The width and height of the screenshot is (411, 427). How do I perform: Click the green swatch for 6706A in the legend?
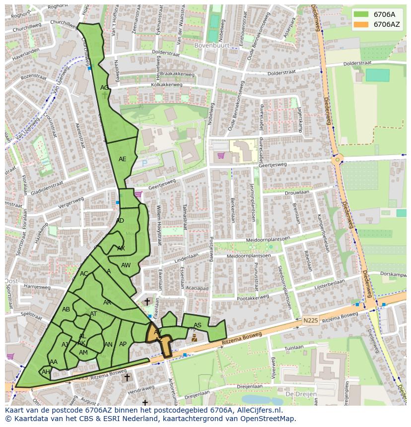(361, 14)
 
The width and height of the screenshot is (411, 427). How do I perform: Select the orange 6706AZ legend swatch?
(361, 24)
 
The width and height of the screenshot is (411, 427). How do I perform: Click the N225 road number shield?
(310, 321)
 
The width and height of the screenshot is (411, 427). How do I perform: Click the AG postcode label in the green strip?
(104, 88)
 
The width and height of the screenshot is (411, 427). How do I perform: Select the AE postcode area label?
(122, 159)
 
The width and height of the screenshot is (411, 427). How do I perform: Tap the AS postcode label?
(198, 325)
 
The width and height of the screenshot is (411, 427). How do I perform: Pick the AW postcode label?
(126, 265)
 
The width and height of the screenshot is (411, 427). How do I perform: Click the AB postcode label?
(66, 309)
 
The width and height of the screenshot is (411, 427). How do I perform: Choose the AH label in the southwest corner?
(46, 372)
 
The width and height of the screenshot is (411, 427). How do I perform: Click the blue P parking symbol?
(144, 162)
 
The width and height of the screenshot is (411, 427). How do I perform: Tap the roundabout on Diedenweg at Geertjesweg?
(338, 160)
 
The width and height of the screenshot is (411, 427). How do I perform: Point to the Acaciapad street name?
(197, 288)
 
